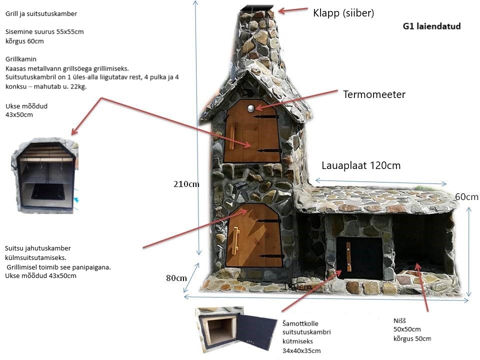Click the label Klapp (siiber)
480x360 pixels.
(343, 12)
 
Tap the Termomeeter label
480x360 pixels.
(373, 94)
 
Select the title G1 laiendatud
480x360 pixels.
(431, 26)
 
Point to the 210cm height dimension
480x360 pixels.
(186, 184)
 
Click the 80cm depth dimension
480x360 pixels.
(176, 278)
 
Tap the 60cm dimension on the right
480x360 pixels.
(466, 197)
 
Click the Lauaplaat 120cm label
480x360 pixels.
(361, 165)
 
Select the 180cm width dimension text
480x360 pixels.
(297, 287)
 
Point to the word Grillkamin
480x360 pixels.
(21, 59)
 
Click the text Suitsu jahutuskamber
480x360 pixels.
(38, 248)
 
